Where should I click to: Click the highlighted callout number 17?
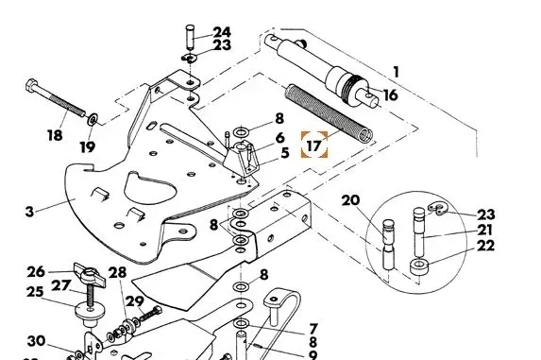[313, 146]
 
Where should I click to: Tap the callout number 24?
[222, 32]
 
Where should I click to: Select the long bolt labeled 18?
[55, 97]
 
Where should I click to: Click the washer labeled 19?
[93, 120]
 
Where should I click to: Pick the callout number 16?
[390, 94]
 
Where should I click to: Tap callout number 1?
[397, 73]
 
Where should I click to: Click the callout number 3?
[29, 212]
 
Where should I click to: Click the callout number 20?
[350, 200]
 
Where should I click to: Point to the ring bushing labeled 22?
[419, 266]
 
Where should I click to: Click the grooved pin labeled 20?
[388, 245]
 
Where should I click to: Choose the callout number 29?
[135, 301]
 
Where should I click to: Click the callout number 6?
[280, 138]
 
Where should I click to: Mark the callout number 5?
[284, 153]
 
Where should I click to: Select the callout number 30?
[36, 341]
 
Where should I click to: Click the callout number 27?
[61, 285]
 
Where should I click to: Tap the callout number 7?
[313, 329]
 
